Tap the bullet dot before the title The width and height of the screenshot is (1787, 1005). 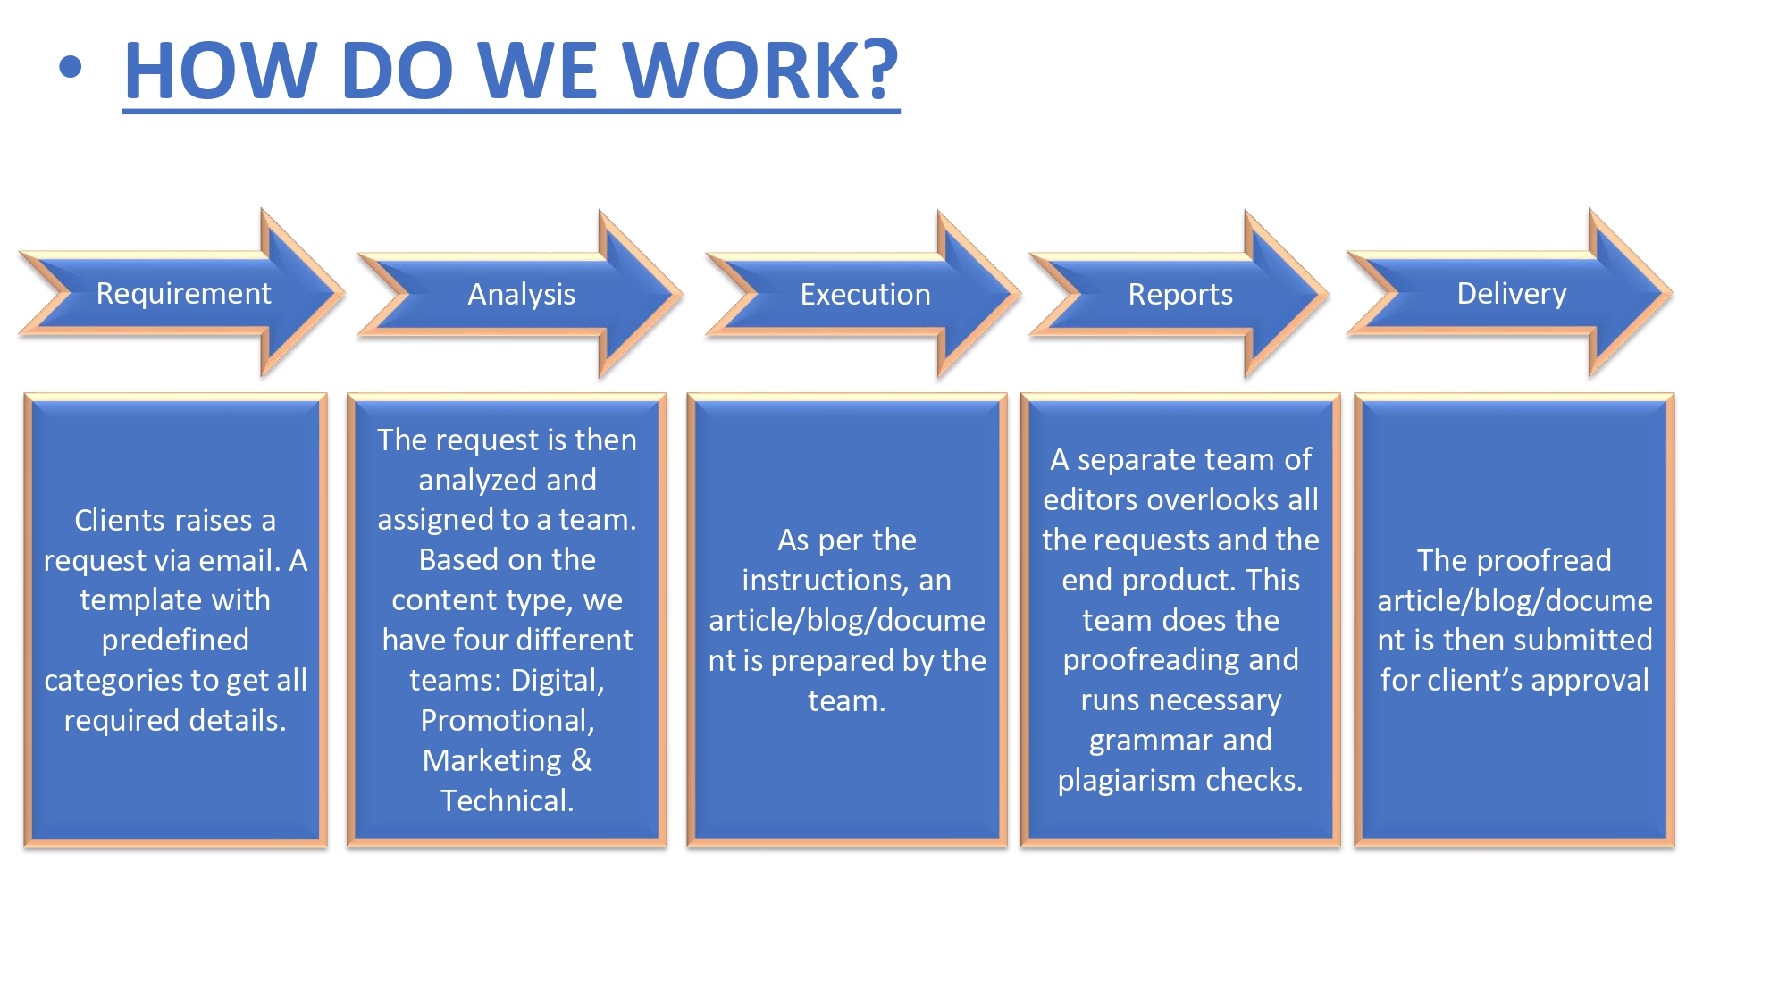(x=71, y=67)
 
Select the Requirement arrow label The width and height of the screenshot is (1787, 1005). (x=183, y=293)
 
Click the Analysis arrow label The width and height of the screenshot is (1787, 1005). (x=521, y=294)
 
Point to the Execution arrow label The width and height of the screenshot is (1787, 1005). (x=865, y=294)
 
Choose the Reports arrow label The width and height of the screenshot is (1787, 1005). (x=1179, y=294)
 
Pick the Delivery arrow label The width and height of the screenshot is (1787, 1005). (x=1511, y=293)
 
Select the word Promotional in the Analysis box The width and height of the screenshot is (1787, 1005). (x=507, y=720)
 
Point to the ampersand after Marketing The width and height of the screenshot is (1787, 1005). (x=581, y=760)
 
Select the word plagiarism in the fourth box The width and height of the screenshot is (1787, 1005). (x=1127, y=781)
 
